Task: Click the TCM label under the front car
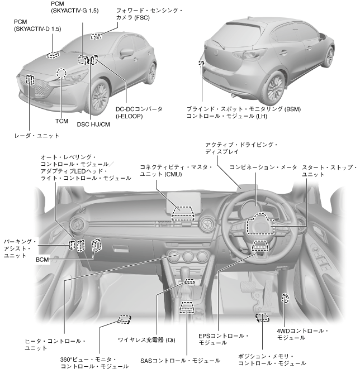click(62, 121)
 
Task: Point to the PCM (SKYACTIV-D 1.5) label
click(37, 25)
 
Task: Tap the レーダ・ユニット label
click(36, 135)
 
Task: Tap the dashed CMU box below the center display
click(184, 214)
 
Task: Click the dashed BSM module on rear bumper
click(201, 63)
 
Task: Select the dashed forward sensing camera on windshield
click(97, 36)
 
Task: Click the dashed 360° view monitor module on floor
click(124, 319)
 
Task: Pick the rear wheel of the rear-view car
click(276, 87)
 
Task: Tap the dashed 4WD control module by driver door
click(285, 299)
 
